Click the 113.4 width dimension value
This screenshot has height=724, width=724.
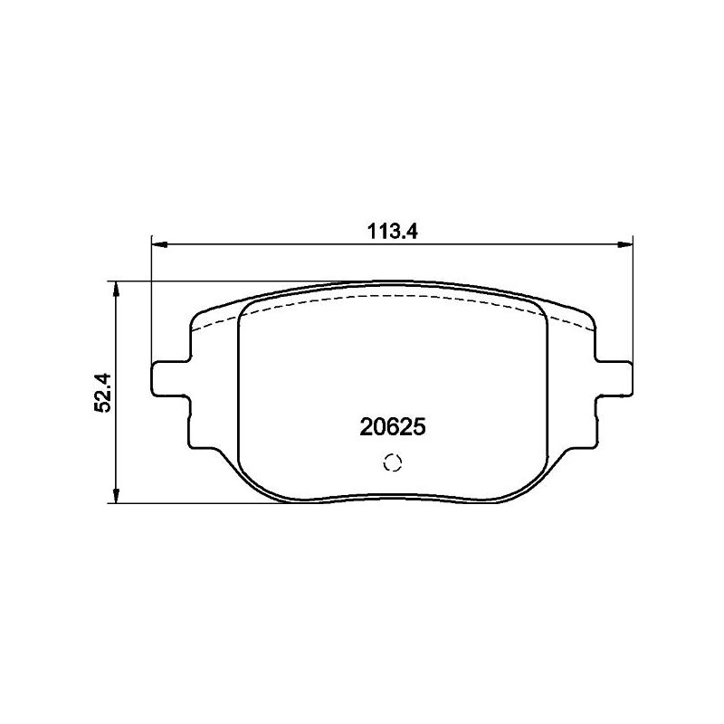[x=392, y=232]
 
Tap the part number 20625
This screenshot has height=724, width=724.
[x=393, y=427]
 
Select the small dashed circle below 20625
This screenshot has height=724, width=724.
[x=393, y=462]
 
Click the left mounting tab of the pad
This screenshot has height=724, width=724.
[x=170, y=378]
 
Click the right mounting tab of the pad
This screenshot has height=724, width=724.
[x=614, y=378]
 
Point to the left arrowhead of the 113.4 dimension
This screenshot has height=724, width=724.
[x=158, y=244]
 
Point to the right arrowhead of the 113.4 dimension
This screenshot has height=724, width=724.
[x=625, y=244]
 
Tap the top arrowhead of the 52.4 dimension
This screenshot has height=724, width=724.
[x=117, y=289]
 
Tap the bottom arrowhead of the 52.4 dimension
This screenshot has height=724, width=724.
[x=117, y=495]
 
